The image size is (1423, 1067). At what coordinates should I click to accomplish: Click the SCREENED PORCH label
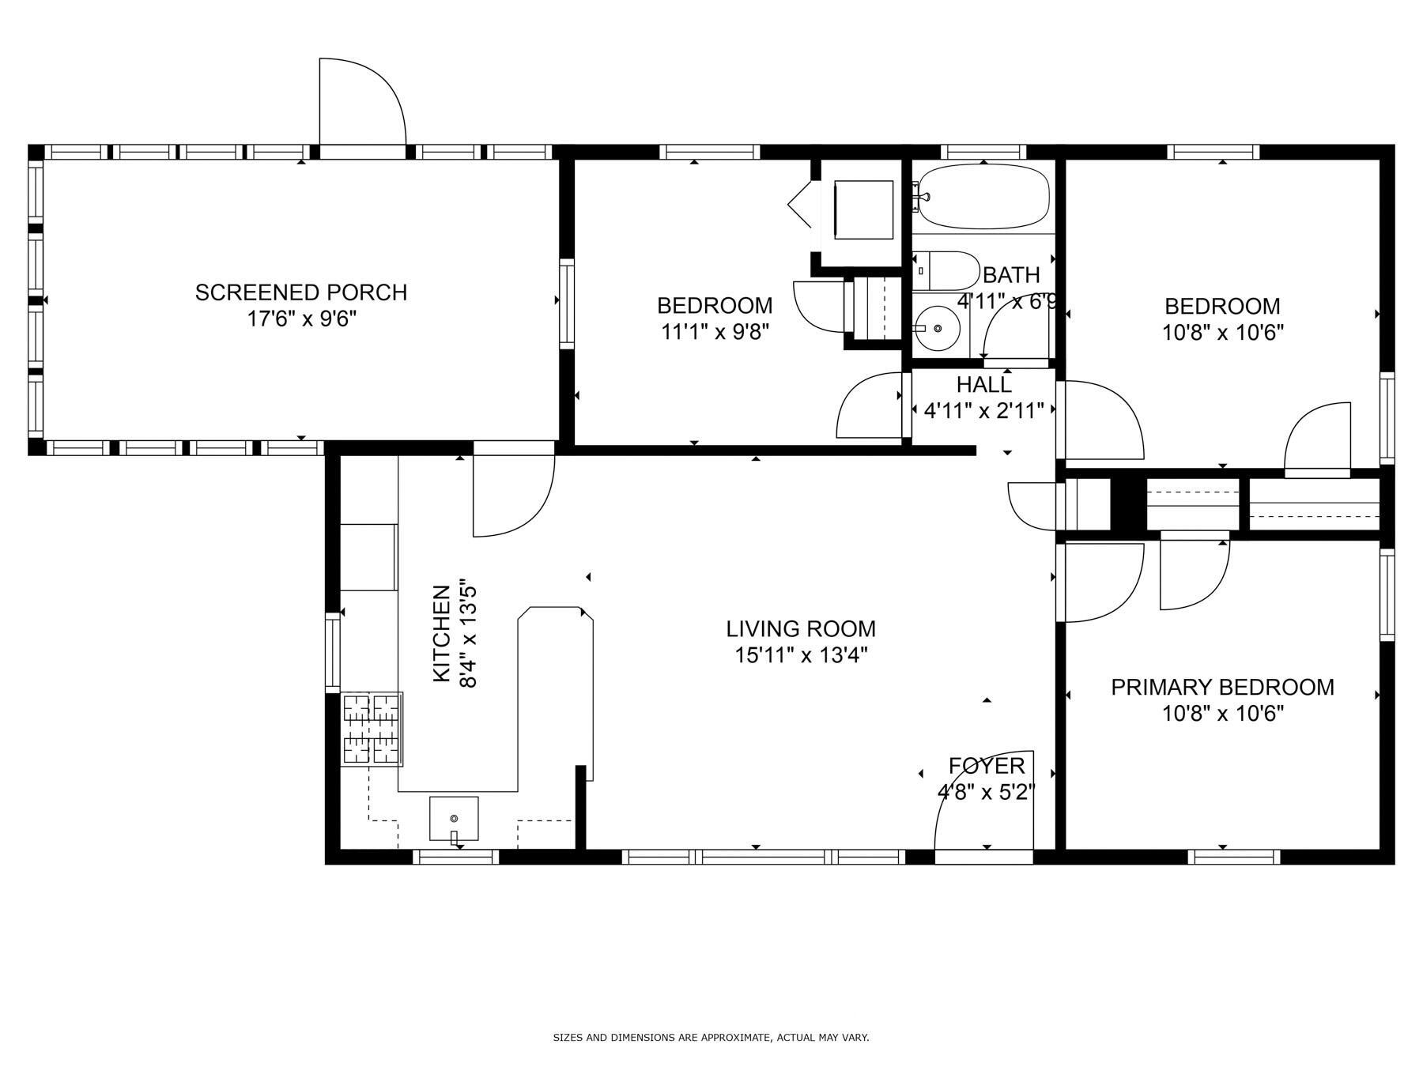[x=300, y=292]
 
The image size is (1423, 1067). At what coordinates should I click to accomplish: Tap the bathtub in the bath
[x=983, y=196]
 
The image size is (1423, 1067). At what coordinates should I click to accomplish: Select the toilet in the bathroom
[x=946, y=270]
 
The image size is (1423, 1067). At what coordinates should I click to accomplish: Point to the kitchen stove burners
[x=371, y=729]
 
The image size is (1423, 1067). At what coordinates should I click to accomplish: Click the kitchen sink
[x=454, y=818]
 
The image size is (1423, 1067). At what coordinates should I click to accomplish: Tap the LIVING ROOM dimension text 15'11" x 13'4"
[x=801, y=655]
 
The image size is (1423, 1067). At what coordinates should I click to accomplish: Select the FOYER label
[x=986, y=765]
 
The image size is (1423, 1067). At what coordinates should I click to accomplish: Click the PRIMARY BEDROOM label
[x=1221, y=687]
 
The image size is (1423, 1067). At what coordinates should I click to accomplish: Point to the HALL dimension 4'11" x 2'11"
[x=983, y=410]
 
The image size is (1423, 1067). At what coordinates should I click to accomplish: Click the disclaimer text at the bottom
[x=710, y=1037]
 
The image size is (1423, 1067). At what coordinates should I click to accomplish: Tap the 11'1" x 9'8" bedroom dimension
[x=715, y=331]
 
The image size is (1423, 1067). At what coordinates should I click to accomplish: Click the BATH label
[x=1010, y=275]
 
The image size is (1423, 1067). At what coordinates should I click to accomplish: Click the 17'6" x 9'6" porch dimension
[x=300, y=319]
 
